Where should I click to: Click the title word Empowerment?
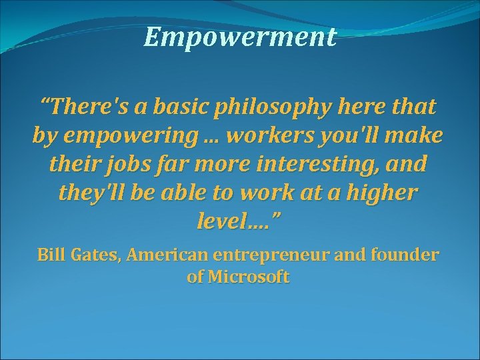(x=239, y=37)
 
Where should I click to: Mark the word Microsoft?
(x=248, y=277)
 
